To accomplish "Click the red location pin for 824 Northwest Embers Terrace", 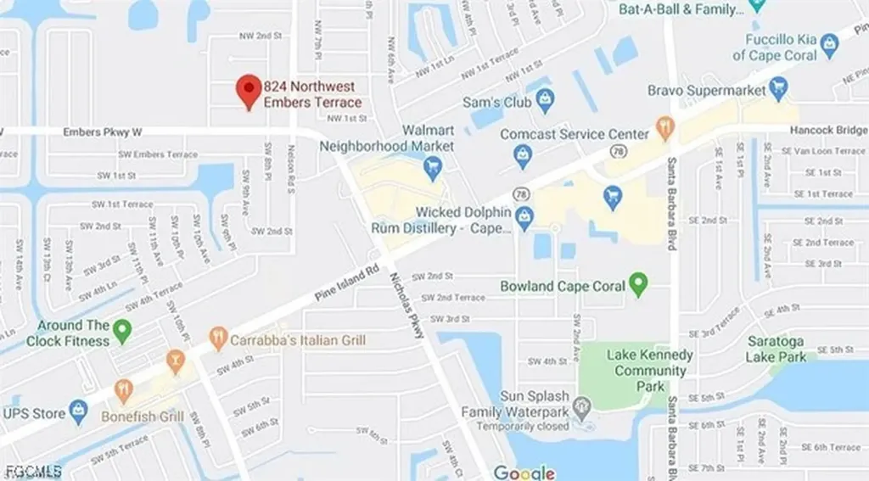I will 248,90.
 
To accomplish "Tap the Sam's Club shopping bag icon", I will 545,103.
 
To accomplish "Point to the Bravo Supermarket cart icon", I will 778,88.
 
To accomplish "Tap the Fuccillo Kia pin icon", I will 758,7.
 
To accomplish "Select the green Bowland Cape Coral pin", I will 639,285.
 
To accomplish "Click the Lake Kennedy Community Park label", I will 650,371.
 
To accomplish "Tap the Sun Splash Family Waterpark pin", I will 581,409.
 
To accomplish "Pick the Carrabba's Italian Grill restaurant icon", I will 218,340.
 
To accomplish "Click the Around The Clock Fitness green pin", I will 122,331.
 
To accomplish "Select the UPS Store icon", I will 79,413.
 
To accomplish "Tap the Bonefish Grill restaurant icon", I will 124,390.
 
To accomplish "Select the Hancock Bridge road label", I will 828,131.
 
